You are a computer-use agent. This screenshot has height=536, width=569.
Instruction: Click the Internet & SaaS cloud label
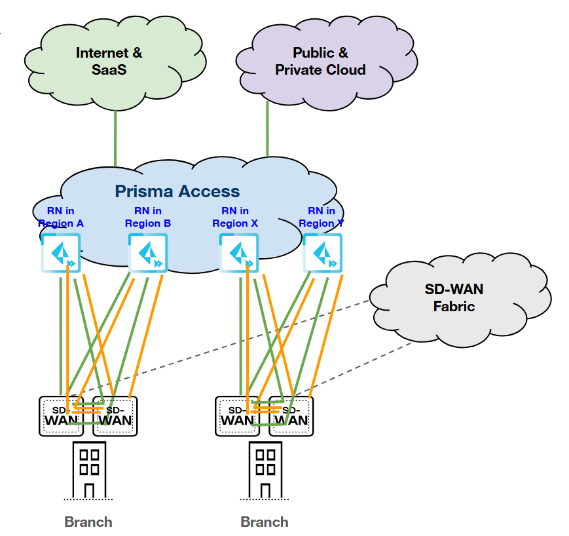109,61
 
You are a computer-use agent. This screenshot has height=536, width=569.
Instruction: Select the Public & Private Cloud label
320,61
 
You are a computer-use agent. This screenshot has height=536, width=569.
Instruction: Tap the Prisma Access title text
177,191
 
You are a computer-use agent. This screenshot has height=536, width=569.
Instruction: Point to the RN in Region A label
61,217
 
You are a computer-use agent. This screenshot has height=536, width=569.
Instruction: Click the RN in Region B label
148,217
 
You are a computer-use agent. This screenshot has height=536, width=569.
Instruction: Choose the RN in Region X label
235,217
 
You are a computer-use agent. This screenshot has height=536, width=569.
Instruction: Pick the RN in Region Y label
321,217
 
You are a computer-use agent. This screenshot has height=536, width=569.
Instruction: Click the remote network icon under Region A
61,254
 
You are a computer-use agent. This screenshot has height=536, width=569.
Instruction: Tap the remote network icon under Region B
148,254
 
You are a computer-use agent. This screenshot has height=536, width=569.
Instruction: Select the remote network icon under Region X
238,254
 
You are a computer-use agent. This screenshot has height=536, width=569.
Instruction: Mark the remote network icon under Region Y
323,254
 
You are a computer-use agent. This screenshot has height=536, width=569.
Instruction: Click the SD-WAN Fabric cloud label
453,297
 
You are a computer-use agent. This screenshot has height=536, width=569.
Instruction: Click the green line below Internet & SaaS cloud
116,138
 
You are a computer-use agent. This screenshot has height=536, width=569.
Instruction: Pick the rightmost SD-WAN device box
291,416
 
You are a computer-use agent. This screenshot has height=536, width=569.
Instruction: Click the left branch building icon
89,470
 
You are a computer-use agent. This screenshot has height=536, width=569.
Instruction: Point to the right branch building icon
265,470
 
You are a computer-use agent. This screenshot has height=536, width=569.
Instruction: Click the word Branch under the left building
88,522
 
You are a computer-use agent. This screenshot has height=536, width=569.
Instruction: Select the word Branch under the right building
265,522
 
